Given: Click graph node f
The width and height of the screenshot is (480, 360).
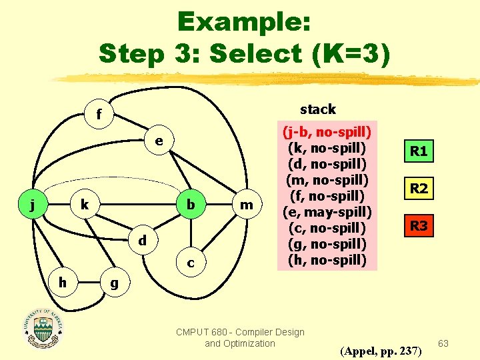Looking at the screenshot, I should pos(99,114).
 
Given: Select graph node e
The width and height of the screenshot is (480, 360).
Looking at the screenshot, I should pos(159,141).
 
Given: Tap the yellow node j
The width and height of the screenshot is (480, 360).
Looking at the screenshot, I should pos(33,205).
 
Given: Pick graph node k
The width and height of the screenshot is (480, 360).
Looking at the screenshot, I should pos(84,205).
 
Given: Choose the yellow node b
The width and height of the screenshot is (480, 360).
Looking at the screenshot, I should pos(191,205).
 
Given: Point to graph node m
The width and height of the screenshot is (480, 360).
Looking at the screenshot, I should pos(247,205).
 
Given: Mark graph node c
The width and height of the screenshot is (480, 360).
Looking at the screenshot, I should pos(191,263).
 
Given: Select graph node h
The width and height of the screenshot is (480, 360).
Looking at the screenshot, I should pos(61,283).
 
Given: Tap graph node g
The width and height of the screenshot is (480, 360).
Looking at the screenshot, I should pos(114,283).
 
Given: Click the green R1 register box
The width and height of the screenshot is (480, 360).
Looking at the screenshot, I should pos(419,151).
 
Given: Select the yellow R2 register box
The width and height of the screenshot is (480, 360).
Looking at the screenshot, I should pos(419,189).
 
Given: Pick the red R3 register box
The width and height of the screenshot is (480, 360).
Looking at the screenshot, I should pos(419,226).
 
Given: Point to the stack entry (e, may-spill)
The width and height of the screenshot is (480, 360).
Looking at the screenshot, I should pos(328,211).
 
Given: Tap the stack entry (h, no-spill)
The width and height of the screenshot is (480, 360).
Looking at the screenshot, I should pos(328,259).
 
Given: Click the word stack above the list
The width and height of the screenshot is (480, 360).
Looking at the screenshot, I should pos(318,109).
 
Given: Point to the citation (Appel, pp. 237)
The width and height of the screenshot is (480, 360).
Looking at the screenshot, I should pos(381,350).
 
